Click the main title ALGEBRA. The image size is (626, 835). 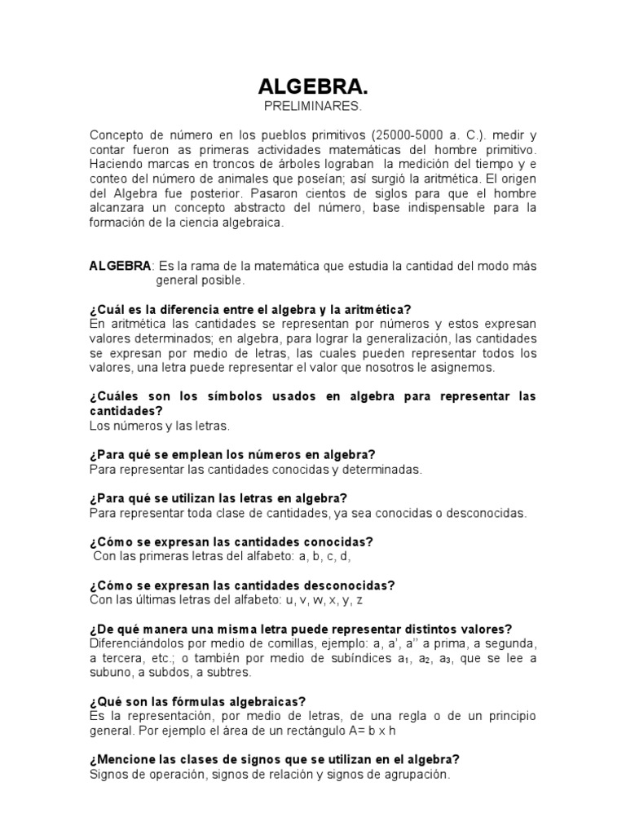[312, 87]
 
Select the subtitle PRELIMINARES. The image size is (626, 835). [312, 108]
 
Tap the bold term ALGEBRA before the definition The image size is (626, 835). [120, 266]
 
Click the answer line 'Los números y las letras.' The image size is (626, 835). [160, 425]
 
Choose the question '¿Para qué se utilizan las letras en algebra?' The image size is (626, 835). [218, 498]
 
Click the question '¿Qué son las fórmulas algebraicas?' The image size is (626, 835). [198, 701]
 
